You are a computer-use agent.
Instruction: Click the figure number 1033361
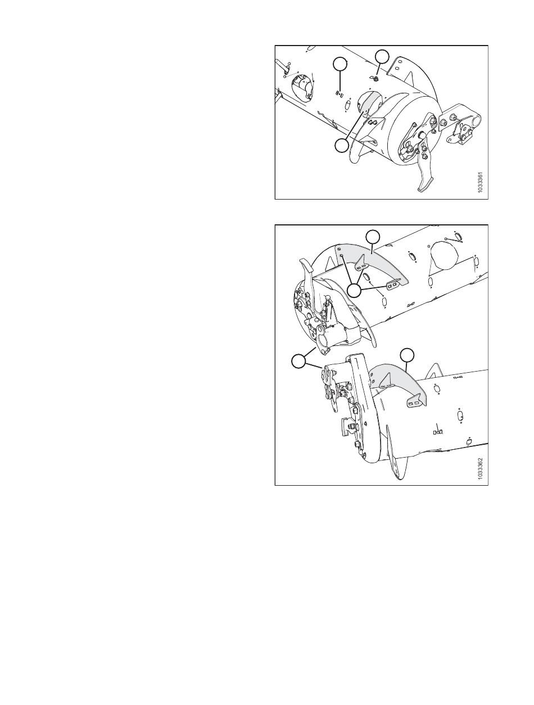481,183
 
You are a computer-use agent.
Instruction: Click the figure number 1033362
481,469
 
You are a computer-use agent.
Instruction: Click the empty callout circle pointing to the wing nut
382,56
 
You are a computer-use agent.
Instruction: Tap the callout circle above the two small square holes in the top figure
340,64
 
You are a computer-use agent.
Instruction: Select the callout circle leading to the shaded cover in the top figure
342,146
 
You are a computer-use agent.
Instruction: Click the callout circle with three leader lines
355,291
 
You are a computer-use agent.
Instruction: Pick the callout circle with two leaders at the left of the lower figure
298,361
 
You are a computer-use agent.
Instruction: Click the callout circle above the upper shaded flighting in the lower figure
373,236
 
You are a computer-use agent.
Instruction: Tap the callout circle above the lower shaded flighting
407,354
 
